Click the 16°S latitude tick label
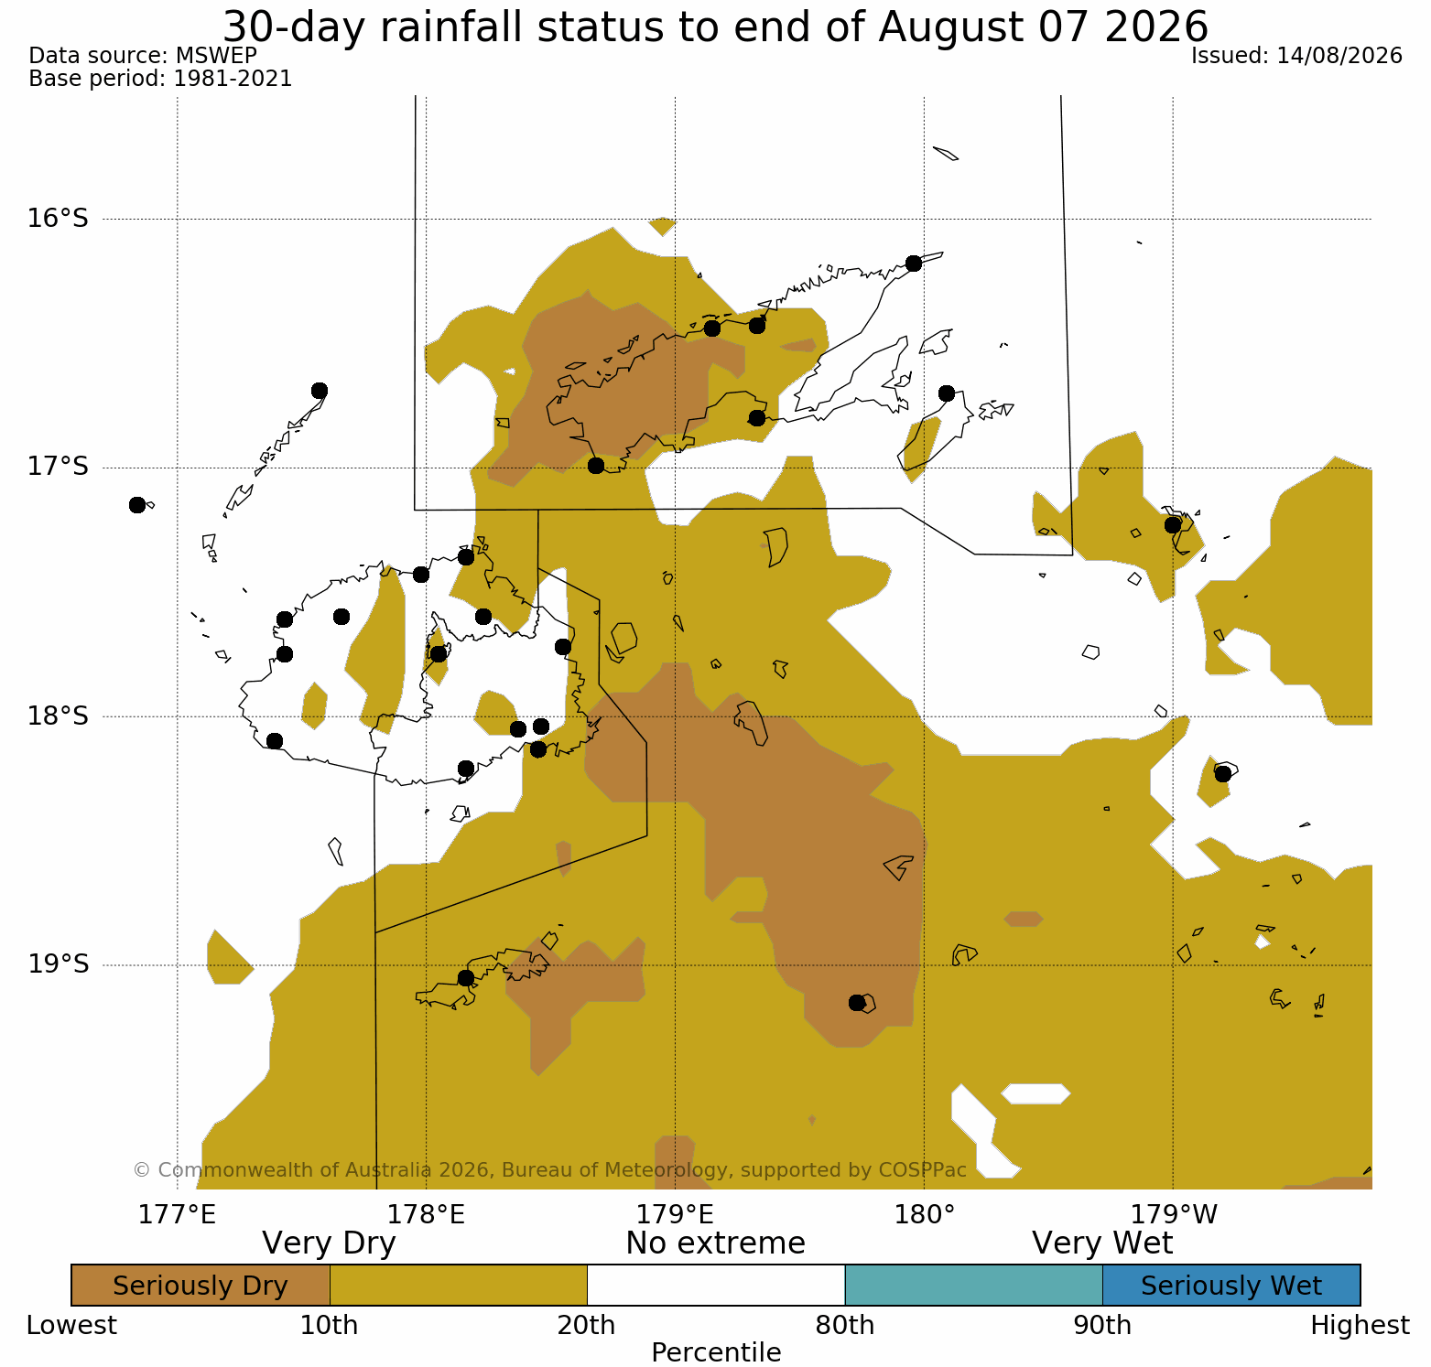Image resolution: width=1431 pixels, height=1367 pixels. tap(58, 219)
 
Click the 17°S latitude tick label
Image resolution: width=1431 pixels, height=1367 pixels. tap(58, 468)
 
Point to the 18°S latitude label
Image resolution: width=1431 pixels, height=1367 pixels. tap(58, 716)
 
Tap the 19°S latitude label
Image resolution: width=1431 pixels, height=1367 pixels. tap(58, 964)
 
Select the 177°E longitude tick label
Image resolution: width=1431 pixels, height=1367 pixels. tap(177, 1215)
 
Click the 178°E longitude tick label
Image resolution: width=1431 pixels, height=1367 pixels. tap(426, 1215)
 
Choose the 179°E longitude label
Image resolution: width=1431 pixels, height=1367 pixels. tap(675, 1215)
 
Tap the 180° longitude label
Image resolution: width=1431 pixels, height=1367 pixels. tap(924, 1215)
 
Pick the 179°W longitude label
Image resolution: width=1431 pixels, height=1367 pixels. tap(1174, 1215)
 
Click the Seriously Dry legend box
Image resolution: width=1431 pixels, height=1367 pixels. tap(201, 1286)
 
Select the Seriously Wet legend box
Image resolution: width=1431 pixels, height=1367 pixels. tap(1231, 1286)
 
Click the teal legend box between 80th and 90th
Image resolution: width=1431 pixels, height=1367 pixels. tap(974, 1286)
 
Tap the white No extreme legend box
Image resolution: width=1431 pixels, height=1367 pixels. tap(716, 1286)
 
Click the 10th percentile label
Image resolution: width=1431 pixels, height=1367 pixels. tap(330, 1326)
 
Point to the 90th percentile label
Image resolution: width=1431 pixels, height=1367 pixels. tap(1102, 1326)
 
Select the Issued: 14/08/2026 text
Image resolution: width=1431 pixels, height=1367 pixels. tap(1296, 56)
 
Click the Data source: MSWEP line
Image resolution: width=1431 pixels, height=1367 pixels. tap(143, 56)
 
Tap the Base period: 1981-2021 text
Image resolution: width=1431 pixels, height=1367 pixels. tap(160, 79)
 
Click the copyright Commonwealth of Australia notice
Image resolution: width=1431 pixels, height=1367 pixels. tap(549, 1170)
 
